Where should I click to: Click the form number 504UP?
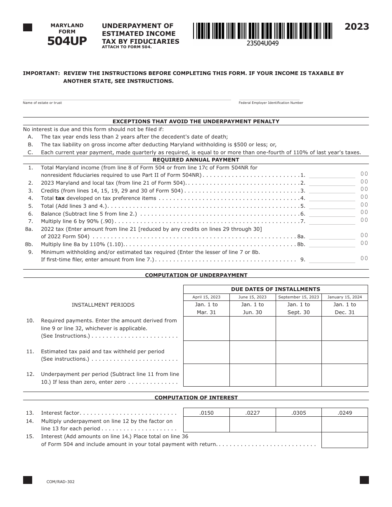click(x=67, y=41)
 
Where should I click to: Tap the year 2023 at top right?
click(x=357, y=27)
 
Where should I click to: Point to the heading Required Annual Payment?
click(x=196, y=160)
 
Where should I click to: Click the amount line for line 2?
click(x=332, y=183)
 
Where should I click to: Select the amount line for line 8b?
click(x=332, y=244)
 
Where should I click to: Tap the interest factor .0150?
click(x=206, y=413)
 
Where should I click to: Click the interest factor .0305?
click(x=299, y=413)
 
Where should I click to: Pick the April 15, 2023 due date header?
click(x=206, y=297)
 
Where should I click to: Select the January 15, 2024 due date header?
click(x=345, y=297)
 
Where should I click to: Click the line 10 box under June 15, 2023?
click(x=253, y=329)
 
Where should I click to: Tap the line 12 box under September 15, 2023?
click(x=299, y=375)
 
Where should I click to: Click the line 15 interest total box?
click(x=345, y=440)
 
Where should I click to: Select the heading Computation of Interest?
click(x=196, y=398)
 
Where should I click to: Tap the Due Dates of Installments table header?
click(x=275, y=289)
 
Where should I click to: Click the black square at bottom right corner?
click(x=364, y=480)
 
